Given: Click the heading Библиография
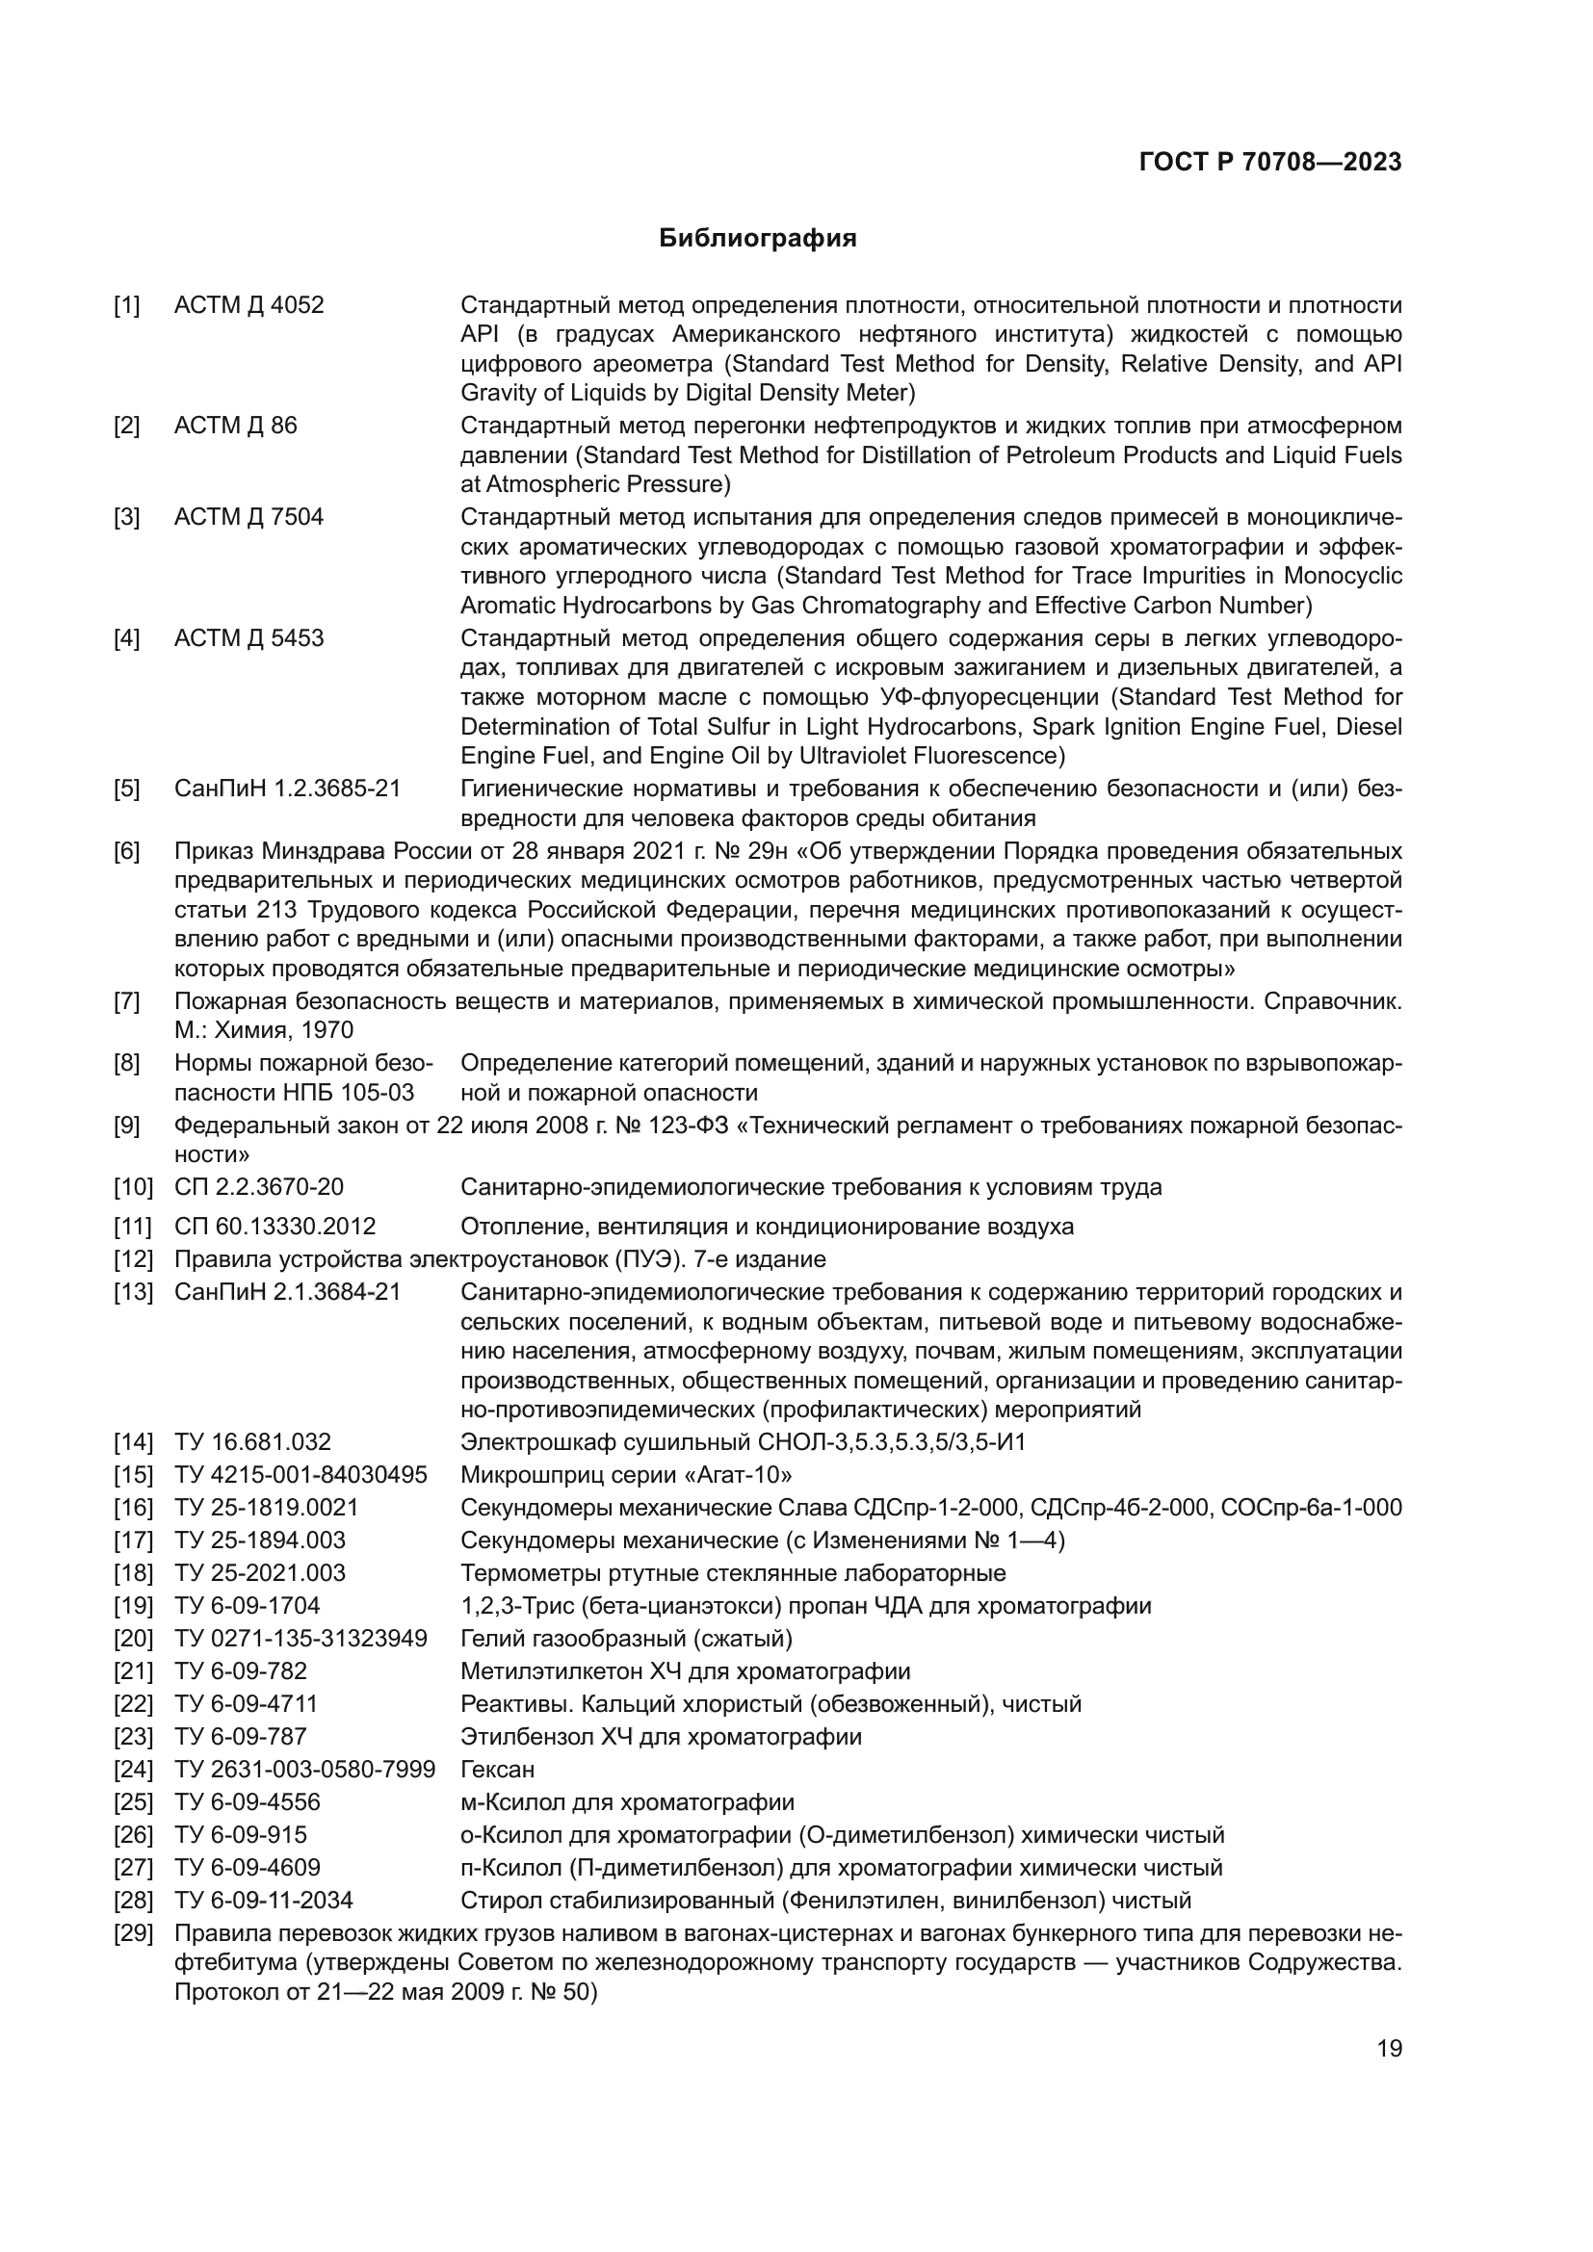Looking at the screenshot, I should coord(757,239).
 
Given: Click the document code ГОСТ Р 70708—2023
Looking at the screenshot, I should coord(1270,163).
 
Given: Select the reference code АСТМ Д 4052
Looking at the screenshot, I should coord(249,305).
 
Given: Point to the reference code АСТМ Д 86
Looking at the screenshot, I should coord(235,426).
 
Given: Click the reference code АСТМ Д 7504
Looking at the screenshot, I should coord(249,517).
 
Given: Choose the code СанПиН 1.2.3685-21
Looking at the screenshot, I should coord(287,789).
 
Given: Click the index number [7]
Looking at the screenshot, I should coord(126,1001).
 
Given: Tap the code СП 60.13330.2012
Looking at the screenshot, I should coord(274,1226).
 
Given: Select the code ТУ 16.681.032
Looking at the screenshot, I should coord(253,1442).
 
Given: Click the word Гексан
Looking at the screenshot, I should coord(497,1770).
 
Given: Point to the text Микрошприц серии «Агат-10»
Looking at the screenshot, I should coord(626,1475).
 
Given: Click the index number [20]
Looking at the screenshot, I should coord(134,1639).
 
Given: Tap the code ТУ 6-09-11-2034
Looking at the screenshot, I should coord(264,1901).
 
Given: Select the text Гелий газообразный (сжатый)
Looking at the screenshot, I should coord(626,1639).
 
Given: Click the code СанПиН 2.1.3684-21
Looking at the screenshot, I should coord(287,1292).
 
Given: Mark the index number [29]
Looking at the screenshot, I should coord(134,1933).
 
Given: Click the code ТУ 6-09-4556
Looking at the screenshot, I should coord(248,1802).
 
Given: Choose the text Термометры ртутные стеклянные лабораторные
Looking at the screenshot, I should coord(733,1573).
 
